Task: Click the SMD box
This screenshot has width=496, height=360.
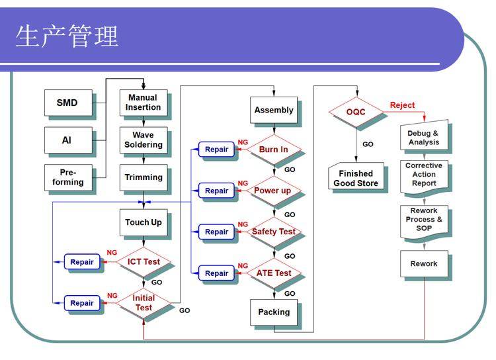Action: click(67, 103)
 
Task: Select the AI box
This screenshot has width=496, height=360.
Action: click(67, 140)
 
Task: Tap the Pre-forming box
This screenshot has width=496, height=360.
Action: click(67, 177)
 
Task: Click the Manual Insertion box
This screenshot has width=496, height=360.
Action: click(143, 103)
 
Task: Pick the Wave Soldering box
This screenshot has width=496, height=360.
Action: click(143, 140)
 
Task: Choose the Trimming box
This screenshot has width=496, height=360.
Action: click(143, 177)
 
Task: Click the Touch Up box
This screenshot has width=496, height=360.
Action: click(143, 222)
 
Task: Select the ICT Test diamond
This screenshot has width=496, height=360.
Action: click(144, 261)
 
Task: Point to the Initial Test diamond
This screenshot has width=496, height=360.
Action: click(144, 302)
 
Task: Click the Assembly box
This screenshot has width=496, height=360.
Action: click(273, 110)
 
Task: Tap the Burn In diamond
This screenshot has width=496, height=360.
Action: click(273, 150)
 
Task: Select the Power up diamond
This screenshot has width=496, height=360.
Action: click(272, 191)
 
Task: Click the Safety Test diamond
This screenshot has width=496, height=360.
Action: click(273, 232)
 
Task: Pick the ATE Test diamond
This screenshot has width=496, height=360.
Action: click(273, 273)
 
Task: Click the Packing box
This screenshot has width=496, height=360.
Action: click(273, 312)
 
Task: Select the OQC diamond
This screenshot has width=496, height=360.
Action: click(356, 112)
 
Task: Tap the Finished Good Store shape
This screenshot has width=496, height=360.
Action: click(356, 178)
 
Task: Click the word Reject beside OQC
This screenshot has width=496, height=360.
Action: click(402, 105)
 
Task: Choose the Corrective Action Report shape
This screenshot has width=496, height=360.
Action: click(424, 175)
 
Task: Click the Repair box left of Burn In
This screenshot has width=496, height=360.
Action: click(216, 150)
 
